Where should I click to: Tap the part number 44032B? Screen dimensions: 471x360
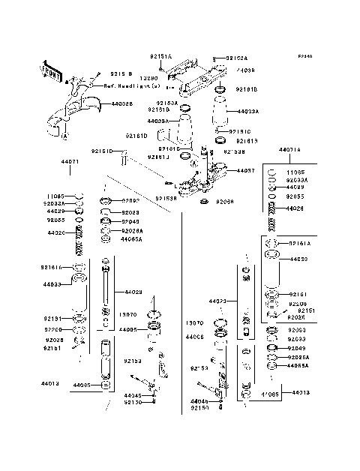(x=122, y=104)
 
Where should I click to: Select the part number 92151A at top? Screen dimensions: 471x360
(x=160, y=57)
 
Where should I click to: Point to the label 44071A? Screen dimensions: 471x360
(x=289, y=150)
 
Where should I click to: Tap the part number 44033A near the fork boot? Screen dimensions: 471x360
(x=248, y=111)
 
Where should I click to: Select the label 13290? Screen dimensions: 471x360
(x=151, y=77)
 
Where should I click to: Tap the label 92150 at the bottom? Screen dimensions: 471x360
(x=199, y=408)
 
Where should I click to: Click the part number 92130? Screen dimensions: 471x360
(x=133, y=402)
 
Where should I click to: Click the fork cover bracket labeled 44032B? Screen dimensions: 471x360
(x=75, y=105)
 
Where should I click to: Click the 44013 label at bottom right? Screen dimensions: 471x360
(x=301, y=392)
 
